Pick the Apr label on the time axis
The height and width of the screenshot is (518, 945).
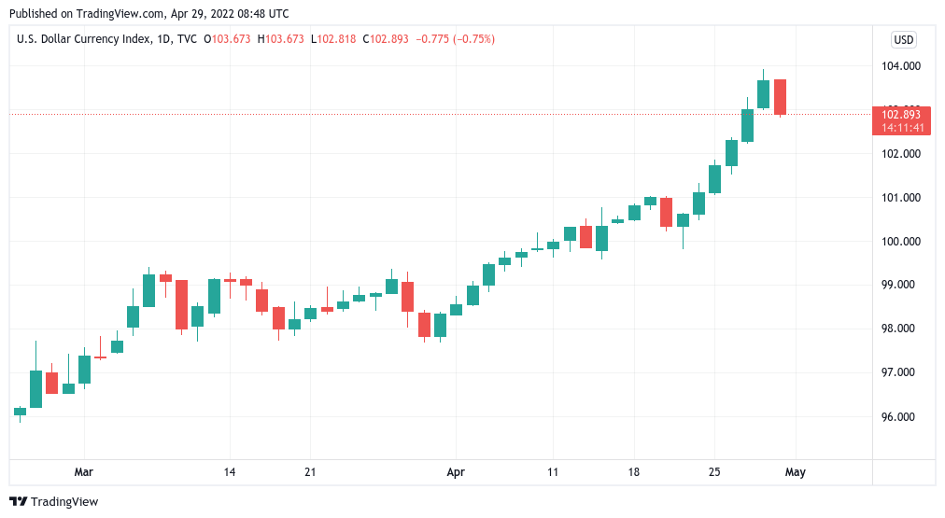coord(456,472)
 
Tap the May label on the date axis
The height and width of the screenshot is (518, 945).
coord(795,472)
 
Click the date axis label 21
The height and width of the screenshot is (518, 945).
coord(311,472)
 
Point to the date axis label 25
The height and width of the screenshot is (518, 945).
coord(714,472)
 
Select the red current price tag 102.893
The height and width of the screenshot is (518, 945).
coord(902,115)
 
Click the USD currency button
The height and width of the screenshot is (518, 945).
coord(903,39)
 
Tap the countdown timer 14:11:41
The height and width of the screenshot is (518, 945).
coord(902,128)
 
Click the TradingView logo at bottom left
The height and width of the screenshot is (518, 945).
coord(53,502)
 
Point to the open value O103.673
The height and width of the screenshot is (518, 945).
coord(227,39)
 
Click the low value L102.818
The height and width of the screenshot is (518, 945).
coord(336,39)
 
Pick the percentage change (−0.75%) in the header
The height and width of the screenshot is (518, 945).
coord(469,39)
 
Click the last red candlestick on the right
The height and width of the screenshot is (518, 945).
coord(780,97)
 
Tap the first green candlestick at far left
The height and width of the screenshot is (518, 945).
coord(20,411)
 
